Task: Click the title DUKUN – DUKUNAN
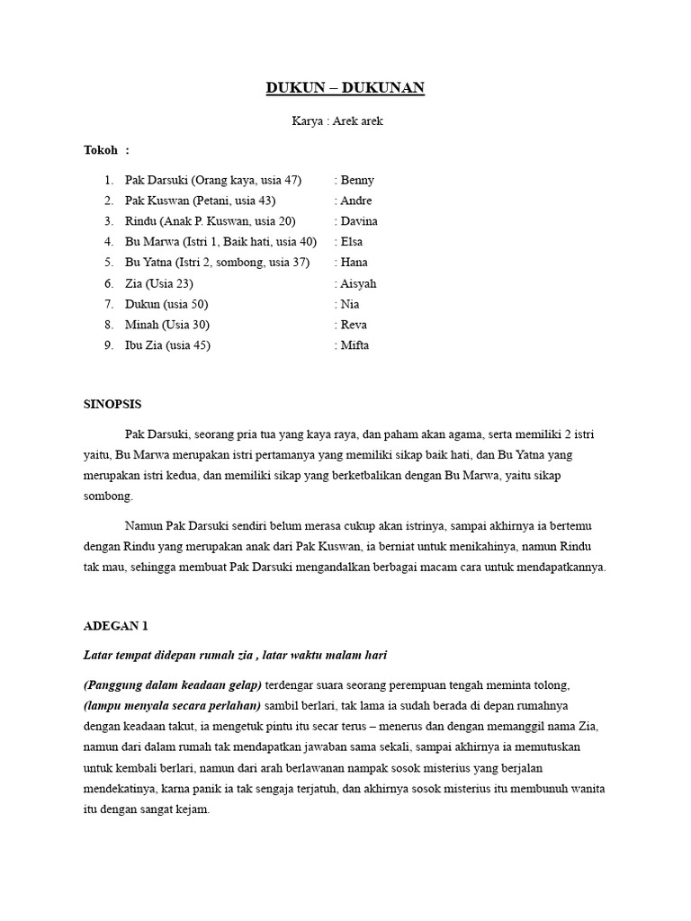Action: coord(345,88)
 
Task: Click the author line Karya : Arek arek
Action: coord(337,121)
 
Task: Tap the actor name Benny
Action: coord(357,180)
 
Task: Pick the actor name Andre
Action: coord(356,201)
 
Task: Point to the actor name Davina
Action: coord(359,221)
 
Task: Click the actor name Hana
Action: coord(354,263)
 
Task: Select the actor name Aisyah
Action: coord(358,283)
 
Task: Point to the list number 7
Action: coord(108,304)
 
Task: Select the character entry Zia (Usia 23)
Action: coord(158,283)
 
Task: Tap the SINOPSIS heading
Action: coord(112,404)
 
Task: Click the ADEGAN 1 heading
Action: coord(114,625)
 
